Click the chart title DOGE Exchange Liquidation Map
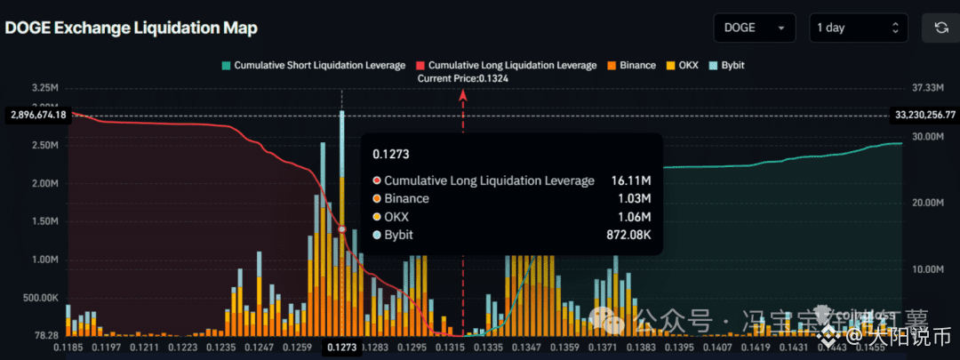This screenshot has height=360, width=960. (132, 28)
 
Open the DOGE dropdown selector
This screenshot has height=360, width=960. (755, 28)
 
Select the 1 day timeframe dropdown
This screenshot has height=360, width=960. (857, 28)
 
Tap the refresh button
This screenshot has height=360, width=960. (940, 28)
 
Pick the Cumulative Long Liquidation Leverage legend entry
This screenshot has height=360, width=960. (506, 65)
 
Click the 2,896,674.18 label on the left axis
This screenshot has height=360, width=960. (37, 116)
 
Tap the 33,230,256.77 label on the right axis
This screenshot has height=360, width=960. (923, 115)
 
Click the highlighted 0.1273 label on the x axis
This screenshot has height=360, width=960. (341, 348)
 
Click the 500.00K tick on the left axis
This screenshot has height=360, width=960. (40, 297)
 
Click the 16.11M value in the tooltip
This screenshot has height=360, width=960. (630, 180)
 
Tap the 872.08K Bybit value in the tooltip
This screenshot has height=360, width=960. (625, 235)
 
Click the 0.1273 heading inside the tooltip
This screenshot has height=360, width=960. (392, 154)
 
